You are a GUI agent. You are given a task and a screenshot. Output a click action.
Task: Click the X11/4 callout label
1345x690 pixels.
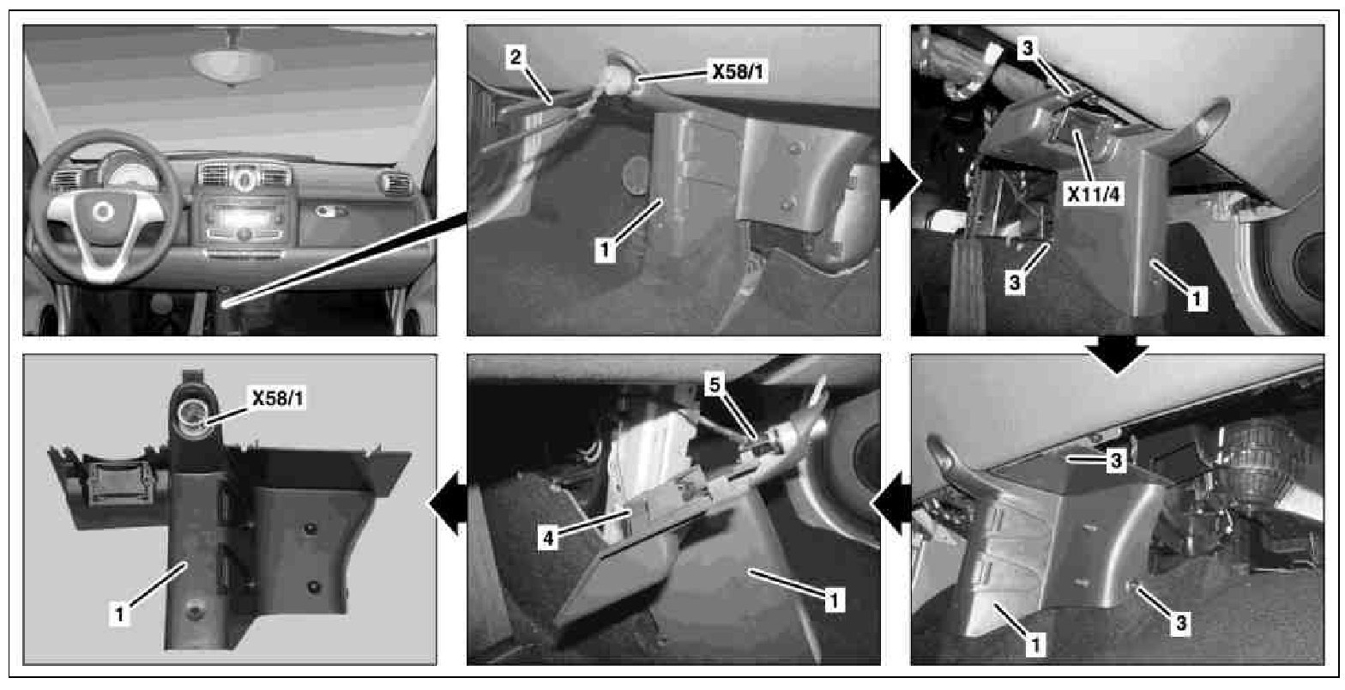pyautogui.click(x=1093, y=193)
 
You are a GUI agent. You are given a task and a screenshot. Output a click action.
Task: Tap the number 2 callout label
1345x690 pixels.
pyautogui.click(x=516, y=57)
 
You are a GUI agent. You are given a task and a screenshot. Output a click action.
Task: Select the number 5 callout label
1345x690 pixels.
pyautogui.click(x=715, y=384)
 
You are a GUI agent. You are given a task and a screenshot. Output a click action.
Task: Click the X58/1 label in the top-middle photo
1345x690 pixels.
pyautogui.click(x=738, y=72)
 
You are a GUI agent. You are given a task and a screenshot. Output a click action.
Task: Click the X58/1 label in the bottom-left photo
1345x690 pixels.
pyautogui.click(x=278, y=398)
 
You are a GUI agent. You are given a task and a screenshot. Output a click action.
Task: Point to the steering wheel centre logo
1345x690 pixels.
pyautogui.click(x=103, y=211)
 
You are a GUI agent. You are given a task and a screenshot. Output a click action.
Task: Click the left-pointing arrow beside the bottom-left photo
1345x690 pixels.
pyautogui.click(x=448, y=503)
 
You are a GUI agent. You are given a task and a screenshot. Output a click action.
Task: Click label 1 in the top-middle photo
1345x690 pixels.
pyautogui.click(x=605, y=249)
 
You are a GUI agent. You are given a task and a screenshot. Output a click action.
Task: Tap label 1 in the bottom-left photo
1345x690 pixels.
pyautogui.click(x=119, y=614)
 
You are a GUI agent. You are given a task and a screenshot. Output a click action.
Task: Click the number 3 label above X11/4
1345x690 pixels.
pyautogui.click(x=1028, y=47)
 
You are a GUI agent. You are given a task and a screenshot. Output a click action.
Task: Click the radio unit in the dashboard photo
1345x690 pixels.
pyautogui.click(x=244, y=220)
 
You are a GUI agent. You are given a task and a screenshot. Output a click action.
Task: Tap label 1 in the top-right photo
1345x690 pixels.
pyautogui.click(x=1197, y=299)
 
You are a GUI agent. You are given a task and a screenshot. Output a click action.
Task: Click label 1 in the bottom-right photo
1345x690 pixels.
pyautogui.click(x=1035, y=645)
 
